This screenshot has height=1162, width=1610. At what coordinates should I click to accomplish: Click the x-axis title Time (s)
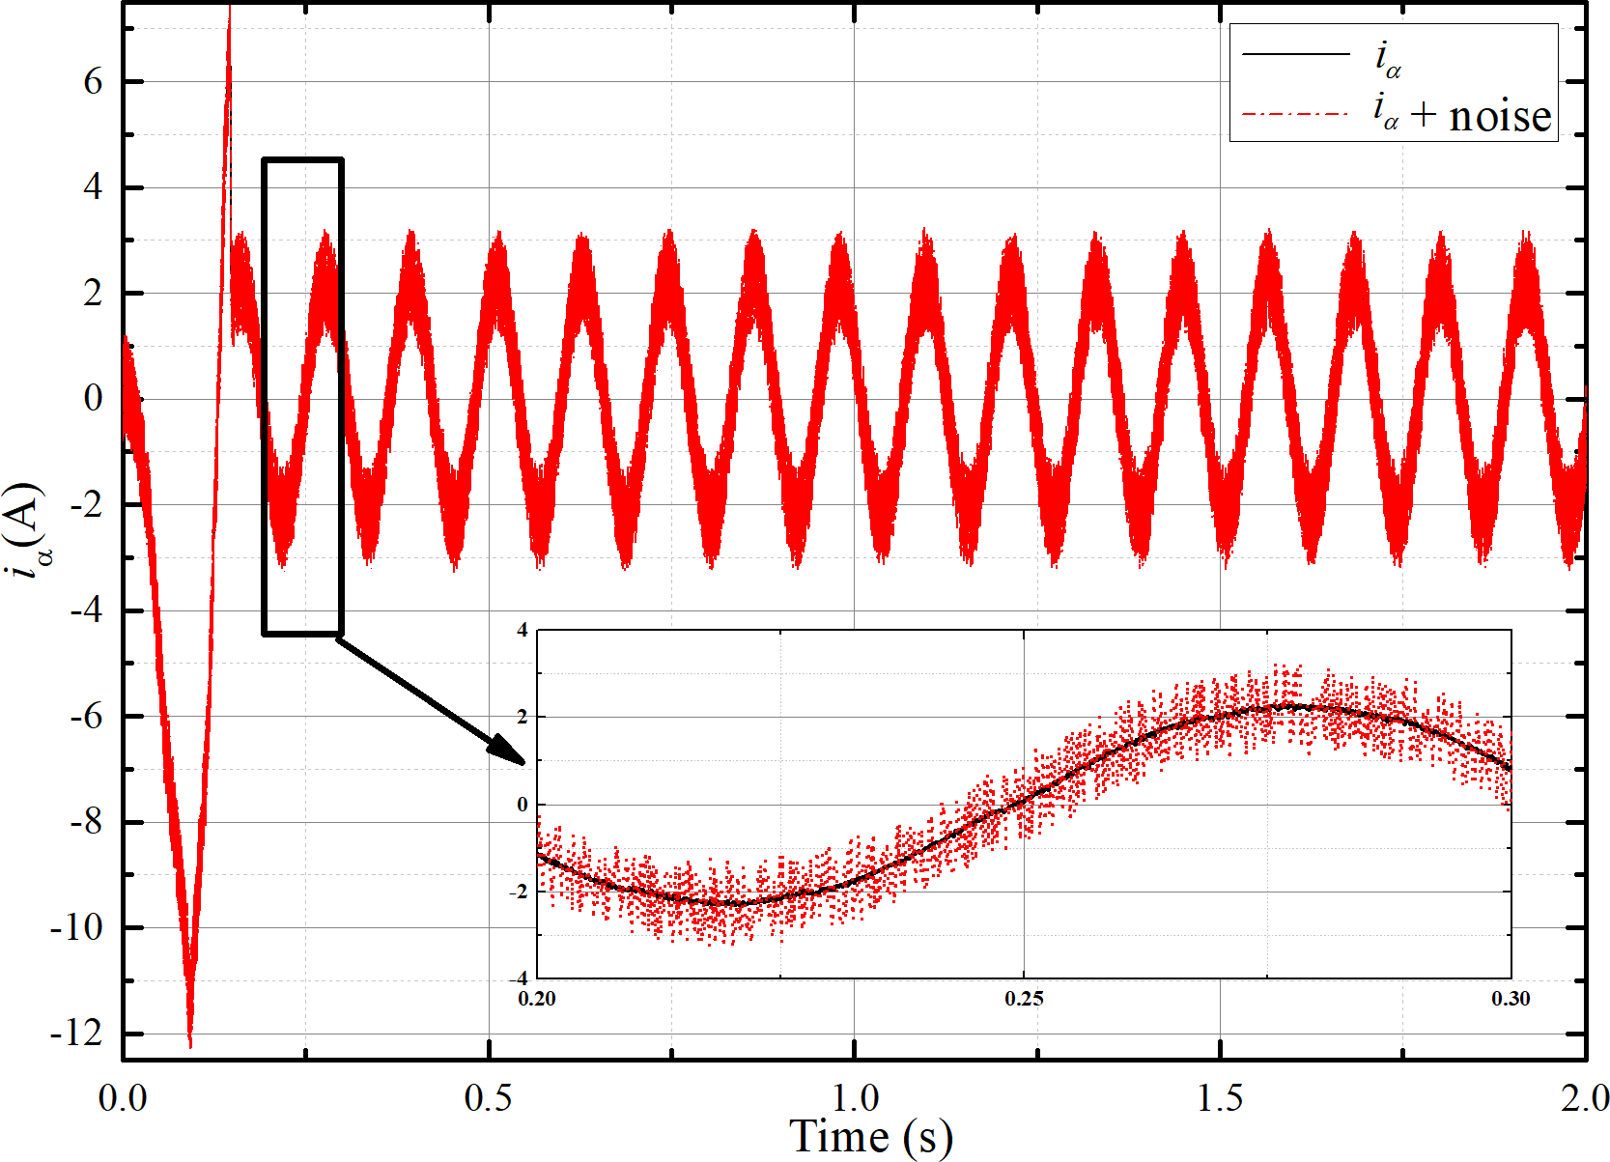coord(870,1136)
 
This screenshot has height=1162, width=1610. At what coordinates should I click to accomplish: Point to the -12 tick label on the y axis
coord(76,1034)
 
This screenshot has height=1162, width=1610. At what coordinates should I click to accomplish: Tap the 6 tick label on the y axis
coord(93,82)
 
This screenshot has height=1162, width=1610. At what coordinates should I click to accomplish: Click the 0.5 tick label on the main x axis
coord(489,1098)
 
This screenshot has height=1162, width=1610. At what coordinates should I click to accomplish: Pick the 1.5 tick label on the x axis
coord(1220,1098)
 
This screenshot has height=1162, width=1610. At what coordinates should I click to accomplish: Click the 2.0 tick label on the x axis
coord(1584,1098)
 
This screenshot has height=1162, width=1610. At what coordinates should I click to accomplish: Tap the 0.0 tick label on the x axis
coord(124,1098)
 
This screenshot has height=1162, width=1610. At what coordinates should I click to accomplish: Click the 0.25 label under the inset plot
coord(1024,999)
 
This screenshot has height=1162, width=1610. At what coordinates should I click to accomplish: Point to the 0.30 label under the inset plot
coord(1511,999)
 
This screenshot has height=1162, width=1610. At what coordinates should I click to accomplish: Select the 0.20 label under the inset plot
coord(537,999)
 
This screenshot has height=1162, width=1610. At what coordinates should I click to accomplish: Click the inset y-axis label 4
coord(523,631)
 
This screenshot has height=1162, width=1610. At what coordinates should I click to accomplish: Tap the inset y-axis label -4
coord(519,978)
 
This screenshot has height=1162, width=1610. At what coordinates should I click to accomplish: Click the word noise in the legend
coord(1500,116)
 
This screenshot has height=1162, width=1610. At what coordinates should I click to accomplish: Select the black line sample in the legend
coord(1295,54)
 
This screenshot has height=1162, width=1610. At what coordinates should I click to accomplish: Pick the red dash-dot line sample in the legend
coord(1295,115)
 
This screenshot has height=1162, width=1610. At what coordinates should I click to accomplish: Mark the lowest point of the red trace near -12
coord(190,1045)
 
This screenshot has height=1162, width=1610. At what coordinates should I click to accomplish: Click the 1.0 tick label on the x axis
coord(855,1098)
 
